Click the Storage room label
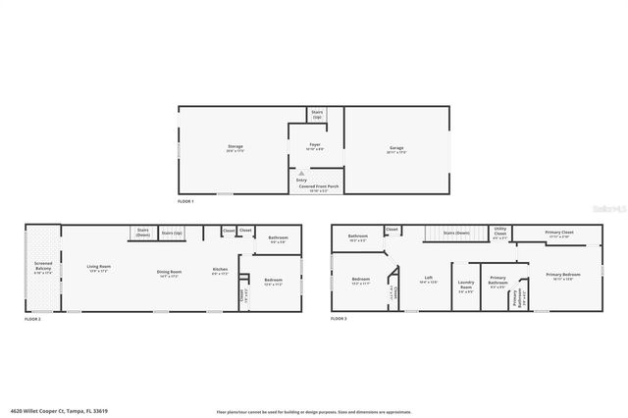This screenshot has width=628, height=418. point(234,149)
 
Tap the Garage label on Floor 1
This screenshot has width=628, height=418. point(395,149)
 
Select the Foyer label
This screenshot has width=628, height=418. point(315,146)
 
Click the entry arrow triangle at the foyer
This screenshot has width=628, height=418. point(300,174)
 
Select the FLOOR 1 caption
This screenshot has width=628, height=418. point(185,201)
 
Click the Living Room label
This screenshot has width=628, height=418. point(98,268)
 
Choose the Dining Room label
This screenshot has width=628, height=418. point(170,273)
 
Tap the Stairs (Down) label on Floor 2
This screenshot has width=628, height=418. point(142,234)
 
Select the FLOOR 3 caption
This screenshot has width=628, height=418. point(339,320)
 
